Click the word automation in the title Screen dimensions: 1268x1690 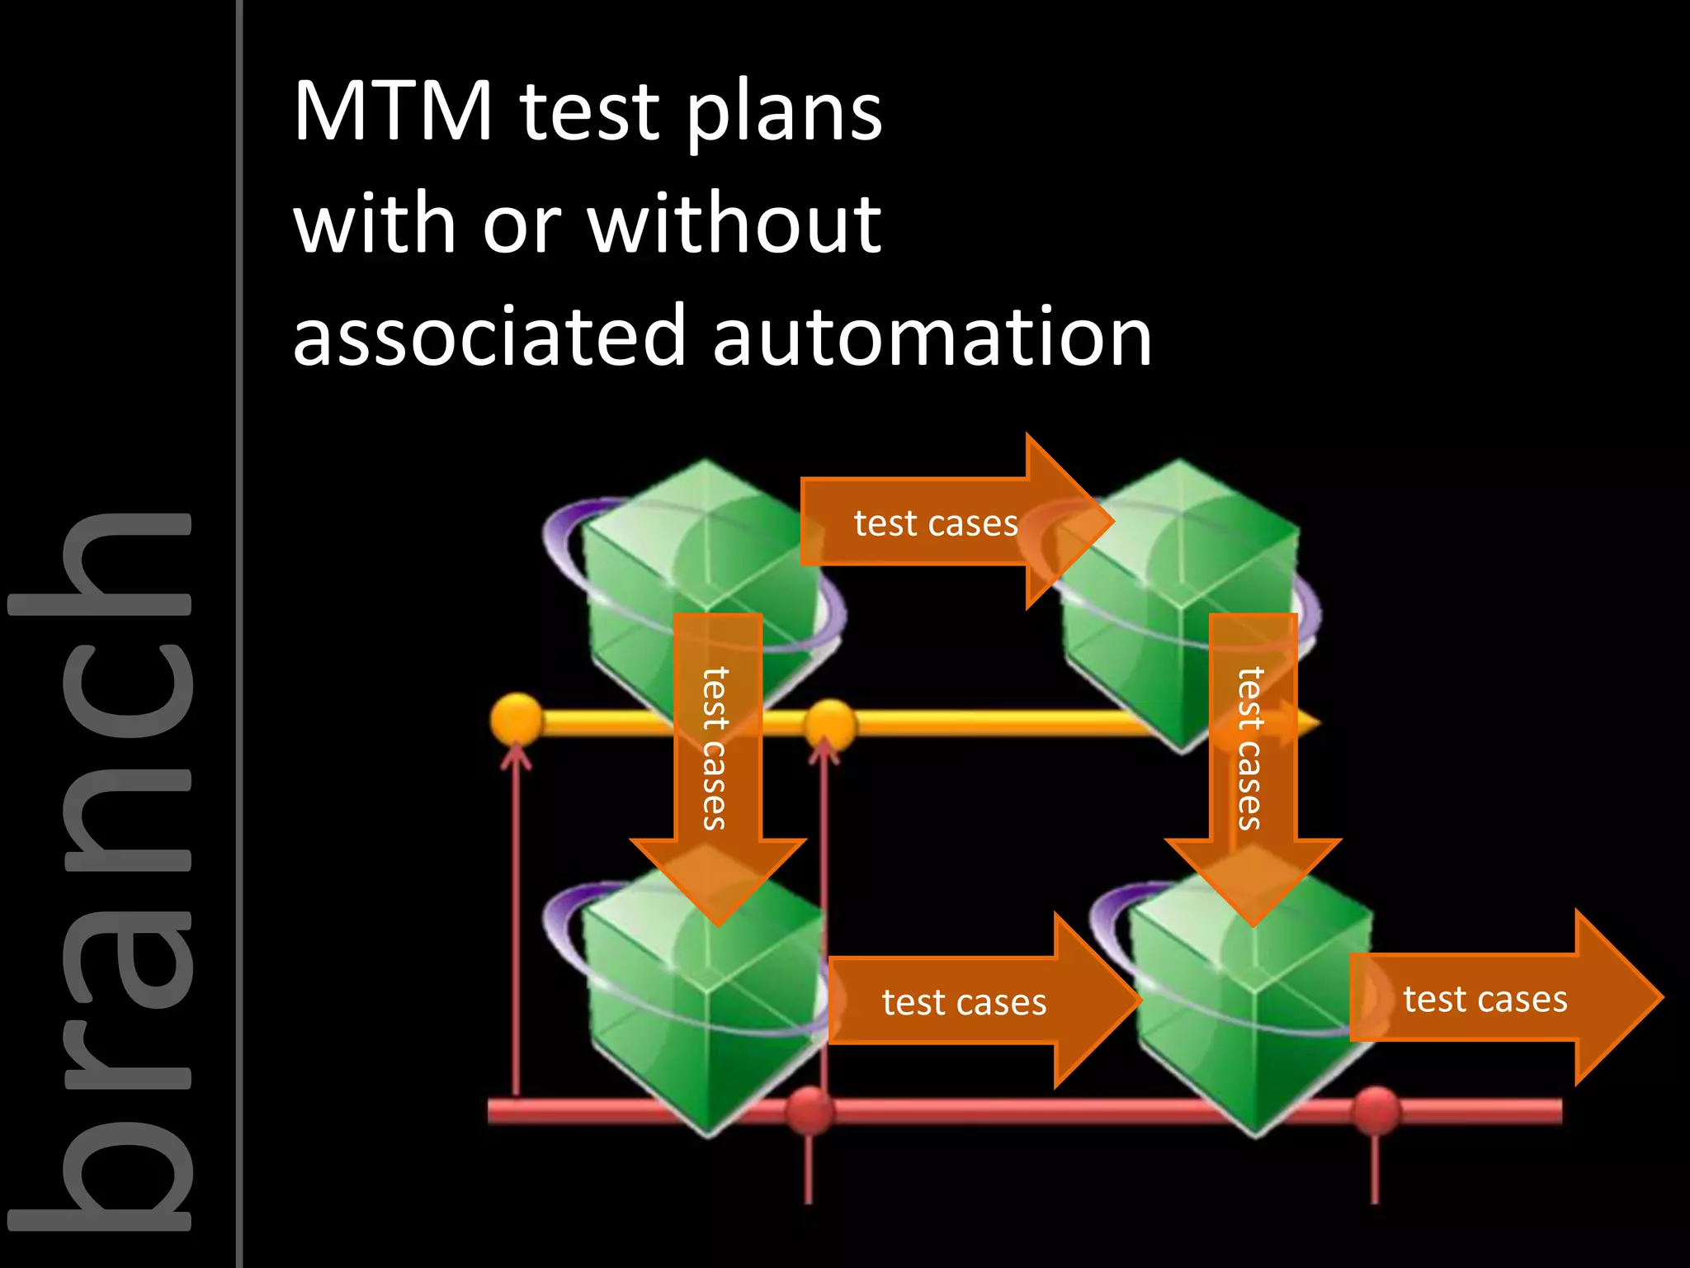click(x=932, y=335)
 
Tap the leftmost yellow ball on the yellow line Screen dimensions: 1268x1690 click(x=517, y=718)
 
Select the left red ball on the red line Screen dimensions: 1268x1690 click(x=809, y=1111)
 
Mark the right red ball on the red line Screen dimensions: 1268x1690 click(x=1376, y=1110)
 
